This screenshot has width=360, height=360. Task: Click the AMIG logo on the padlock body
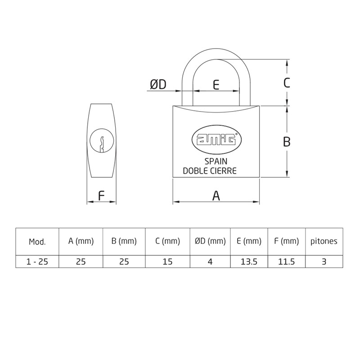[216, 140]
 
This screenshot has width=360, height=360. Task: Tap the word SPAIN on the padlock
[216, 162]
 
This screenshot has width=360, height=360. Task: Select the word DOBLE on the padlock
[196, 171]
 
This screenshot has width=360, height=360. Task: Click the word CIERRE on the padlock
[224, 171]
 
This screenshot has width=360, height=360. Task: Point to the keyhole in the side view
[102, 141]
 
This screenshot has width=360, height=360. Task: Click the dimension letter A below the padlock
[216, 196]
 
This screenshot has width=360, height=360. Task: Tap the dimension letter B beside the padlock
[287, 142]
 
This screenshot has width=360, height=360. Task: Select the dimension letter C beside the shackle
[287, 83]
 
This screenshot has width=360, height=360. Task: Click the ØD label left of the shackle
[158, 85]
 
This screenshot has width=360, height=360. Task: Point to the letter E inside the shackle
[216, 85]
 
